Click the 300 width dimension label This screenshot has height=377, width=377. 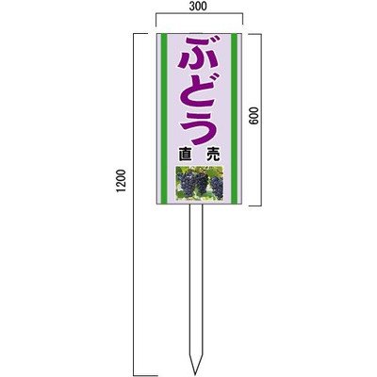[x=199, y=7]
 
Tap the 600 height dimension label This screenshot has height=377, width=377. [x=254, y=116]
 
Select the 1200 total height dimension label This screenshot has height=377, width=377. [x=121, y=181]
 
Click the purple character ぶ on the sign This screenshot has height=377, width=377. [x=199, y=54]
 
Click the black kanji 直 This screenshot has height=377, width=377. [x=185, y=155]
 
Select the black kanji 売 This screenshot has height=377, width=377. [x=214, y=155]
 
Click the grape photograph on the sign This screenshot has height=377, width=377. [x=200, y=183]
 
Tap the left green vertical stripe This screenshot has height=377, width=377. [x=164, y=119]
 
